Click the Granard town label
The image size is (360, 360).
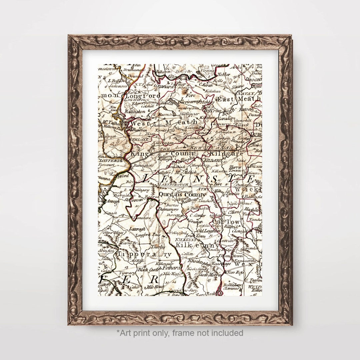(x=164, y=86)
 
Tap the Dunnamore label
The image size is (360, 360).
(x=169, y=210)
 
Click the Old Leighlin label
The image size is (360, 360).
(x=209, y=231)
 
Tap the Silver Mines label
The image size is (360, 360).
(x=114, y=232)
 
